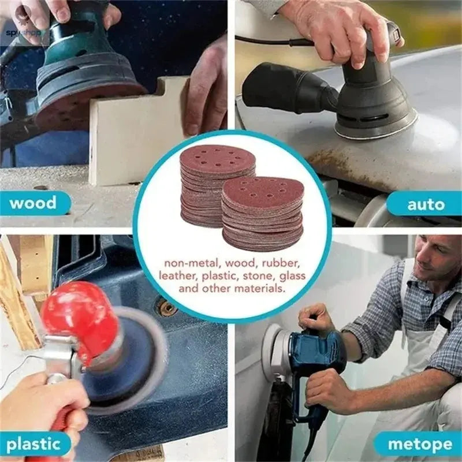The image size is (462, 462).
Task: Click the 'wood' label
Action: tap(33, 203)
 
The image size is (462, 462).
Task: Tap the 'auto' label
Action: tap(426, 204)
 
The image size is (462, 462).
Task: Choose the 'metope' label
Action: tap(420, 444)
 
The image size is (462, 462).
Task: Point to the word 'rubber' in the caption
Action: tap(281, 263)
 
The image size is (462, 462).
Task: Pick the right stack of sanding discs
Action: tap(263, 214)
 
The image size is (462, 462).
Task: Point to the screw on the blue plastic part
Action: tap(168, 308)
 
